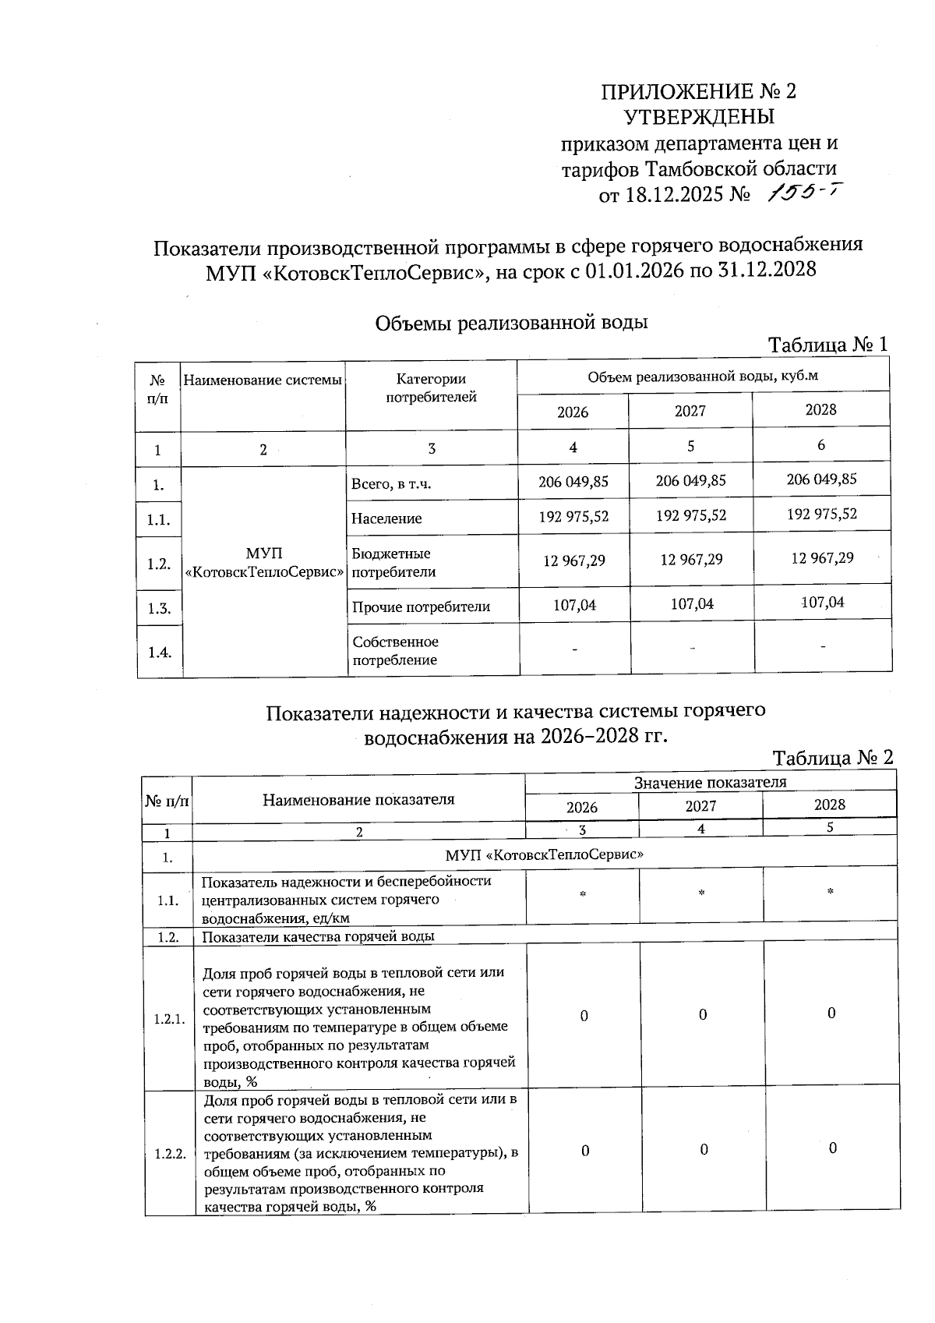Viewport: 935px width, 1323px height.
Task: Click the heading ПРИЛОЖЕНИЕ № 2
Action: tap(698, 92)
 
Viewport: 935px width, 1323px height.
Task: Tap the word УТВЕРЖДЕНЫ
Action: tap(699, 118)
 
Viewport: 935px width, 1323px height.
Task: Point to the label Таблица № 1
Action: tap(827, 344)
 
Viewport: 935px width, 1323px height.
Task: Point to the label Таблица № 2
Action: tap(832, 757)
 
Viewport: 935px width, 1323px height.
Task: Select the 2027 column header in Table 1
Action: tap(690, 411)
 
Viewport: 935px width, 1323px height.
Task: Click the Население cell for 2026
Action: tap(573, 516)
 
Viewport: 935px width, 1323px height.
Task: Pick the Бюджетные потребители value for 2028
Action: tap(822, 558)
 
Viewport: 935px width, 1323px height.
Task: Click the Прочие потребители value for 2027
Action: tap(692, 604)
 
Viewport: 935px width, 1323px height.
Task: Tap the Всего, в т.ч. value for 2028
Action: tap(821, 479)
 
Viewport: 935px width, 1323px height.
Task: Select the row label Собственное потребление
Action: tap(395, 651)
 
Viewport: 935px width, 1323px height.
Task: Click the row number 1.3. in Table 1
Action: tap(159, 608)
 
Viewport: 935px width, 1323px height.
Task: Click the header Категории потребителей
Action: tap(431, 388)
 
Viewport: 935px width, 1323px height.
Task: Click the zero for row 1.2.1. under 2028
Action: tap(831, 1013)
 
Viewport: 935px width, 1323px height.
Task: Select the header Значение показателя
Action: tap(710, 782)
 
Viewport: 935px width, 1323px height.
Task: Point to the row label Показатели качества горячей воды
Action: tap(318, 936)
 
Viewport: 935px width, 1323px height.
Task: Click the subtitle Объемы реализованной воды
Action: tap(511, 323)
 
